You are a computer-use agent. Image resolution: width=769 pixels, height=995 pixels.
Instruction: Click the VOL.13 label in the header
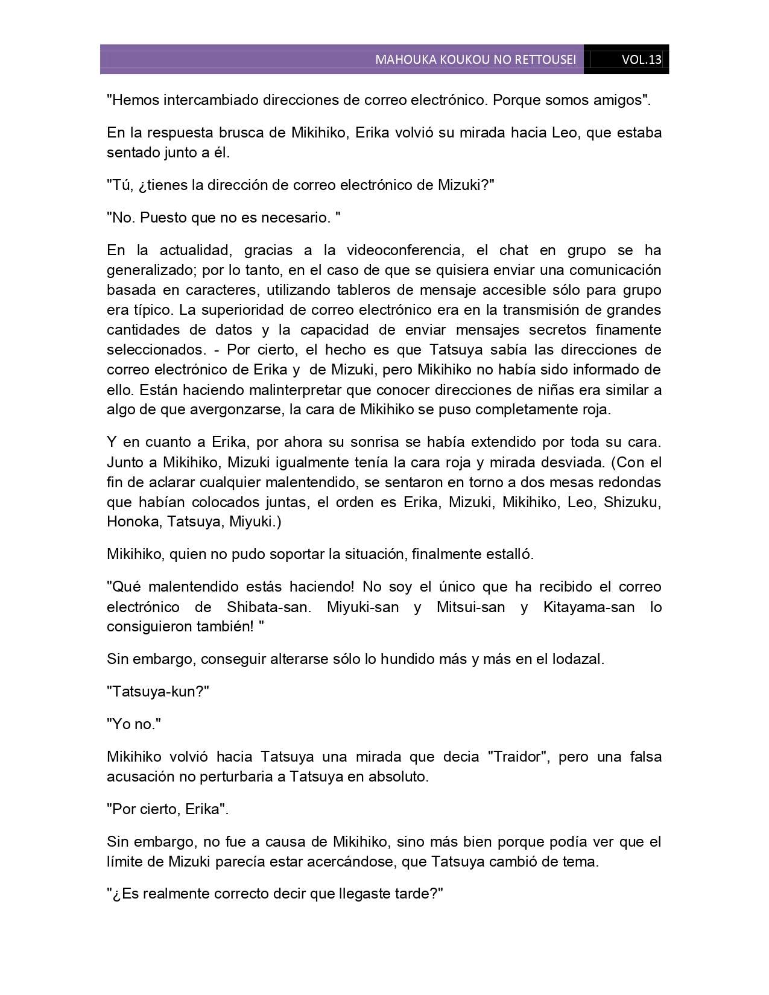point(641,60)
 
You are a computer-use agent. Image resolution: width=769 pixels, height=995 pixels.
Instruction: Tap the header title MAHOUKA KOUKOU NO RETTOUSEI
point(475,60)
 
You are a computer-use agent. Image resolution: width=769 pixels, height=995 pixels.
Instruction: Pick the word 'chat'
point(513,250)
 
